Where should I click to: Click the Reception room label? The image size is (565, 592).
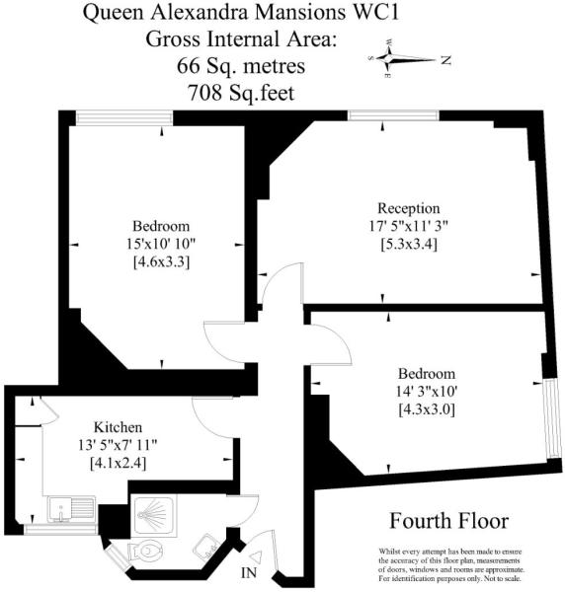(x=409, y=208)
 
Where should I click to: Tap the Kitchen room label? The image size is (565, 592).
(x=118, y=427)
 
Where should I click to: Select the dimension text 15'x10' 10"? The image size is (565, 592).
(x=161, y=244)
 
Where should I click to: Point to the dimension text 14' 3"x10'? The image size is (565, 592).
(x=427, y=392)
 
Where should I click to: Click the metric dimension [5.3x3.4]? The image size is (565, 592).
(x=409, y=245)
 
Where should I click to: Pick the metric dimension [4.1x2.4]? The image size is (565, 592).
(x=118, y=463)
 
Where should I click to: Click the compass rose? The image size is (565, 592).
(x=401, y=59)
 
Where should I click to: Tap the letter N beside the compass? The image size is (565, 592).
(x=445, y=59)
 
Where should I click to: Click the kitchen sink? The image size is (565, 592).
(x=71, y=509)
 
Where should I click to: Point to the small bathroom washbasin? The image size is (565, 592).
(x=205, y=548)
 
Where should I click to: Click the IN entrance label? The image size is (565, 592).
(x=249, y=572)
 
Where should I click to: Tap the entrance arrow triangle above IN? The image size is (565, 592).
(x=256, y=557)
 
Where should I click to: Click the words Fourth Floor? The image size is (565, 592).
(x=449, y=521)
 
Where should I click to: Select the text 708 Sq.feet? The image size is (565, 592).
(x=241, y=92)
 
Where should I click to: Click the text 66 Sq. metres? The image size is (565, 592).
(x=241, y=66)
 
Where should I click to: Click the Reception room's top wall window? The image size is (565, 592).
(x=393, y=115)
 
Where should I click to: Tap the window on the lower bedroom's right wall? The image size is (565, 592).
(x=550, y=418)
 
